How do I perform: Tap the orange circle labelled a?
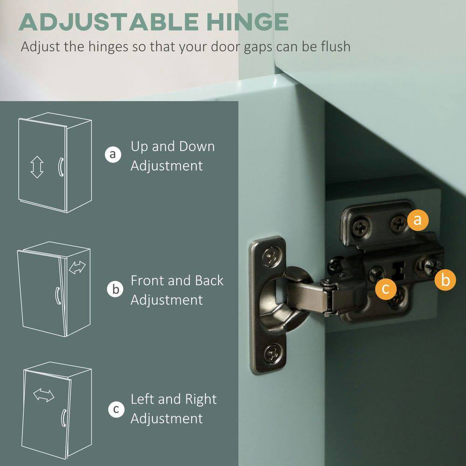(418, 220)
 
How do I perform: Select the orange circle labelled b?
(445, 280)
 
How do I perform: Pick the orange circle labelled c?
(385, 288)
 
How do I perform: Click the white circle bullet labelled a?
(112, 154)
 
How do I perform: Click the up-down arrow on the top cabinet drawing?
(37, 167)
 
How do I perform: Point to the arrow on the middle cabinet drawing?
(77, 267)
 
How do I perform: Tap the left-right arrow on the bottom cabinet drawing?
(44, 395)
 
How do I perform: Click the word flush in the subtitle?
(334, 47)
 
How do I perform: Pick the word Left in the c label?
(143, 399)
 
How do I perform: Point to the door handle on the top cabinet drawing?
(61, 167)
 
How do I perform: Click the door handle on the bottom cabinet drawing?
(63, 418)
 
